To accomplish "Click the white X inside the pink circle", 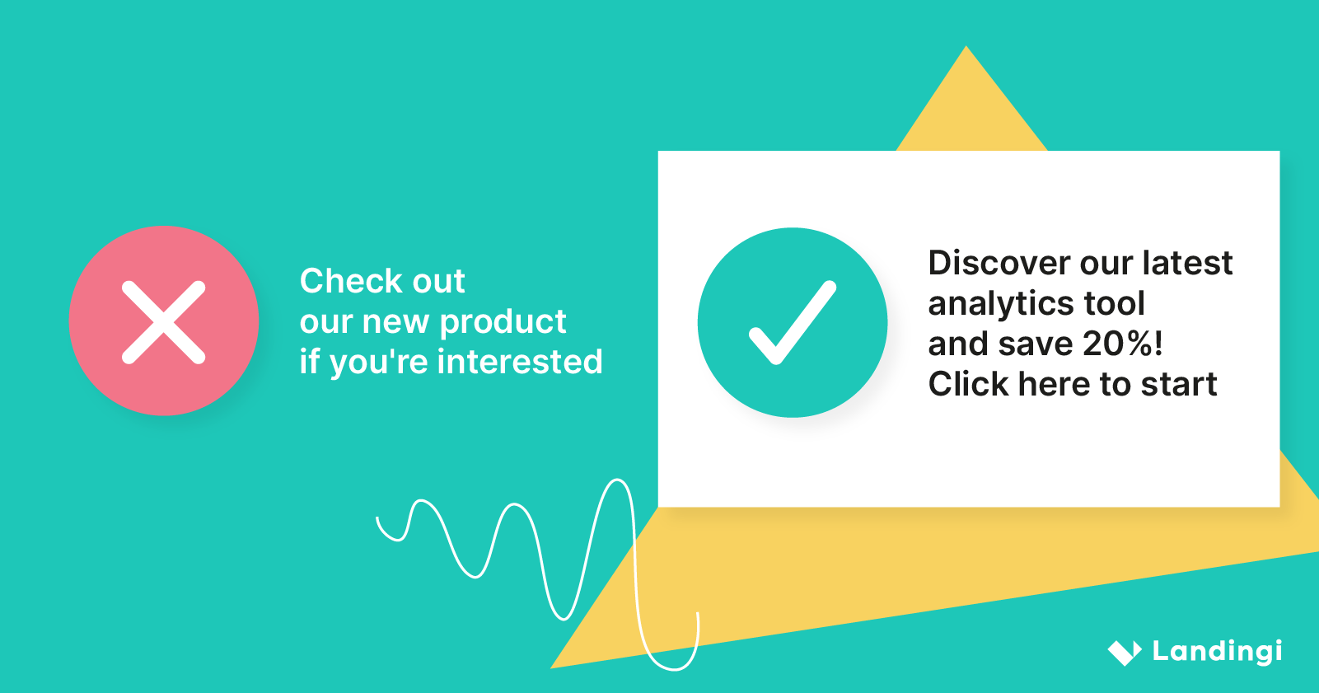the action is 164,322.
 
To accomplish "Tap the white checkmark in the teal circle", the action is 792,323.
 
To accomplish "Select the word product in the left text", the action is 503,323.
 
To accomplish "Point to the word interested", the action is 520,361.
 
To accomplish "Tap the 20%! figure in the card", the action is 1122,344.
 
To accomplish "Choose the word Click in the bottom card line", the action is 968,384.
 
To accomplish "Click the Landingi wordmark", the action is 1217,652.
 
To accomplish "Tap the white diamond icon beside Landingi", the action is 1125,653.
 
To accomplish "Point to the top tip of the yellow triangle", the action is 966,46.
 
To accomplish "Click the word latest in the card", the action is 1187,263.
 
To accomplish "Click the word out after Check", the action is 438,282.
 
